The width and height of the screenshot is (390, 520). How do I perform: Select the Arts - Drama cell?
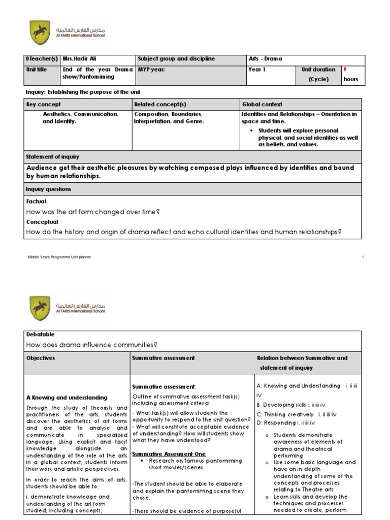pos(265,59)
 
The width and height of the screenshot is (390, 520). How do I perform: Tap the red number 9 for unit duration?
pos(345,69)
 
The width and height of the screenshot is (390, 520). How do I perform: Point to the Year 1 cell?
pos(257,70)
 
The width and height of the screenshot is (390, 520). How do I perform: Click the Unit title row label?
pos(37,70)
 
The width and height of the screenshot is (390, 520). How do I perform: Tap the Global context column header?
pos(263,104)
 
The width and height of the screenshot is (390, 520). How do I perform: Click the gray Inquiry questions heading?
pos(49,189)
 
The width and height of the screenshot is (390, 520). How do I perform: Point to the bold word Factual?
pos(36,201)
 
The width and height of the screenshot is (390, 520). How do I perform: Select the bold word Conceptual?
pos(42,222)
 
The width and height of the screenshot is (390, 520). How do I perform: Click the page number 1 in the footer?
pos(363,257)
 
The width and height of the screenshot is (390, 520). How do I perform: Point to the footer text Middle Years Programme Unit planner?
pos(59,257)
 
